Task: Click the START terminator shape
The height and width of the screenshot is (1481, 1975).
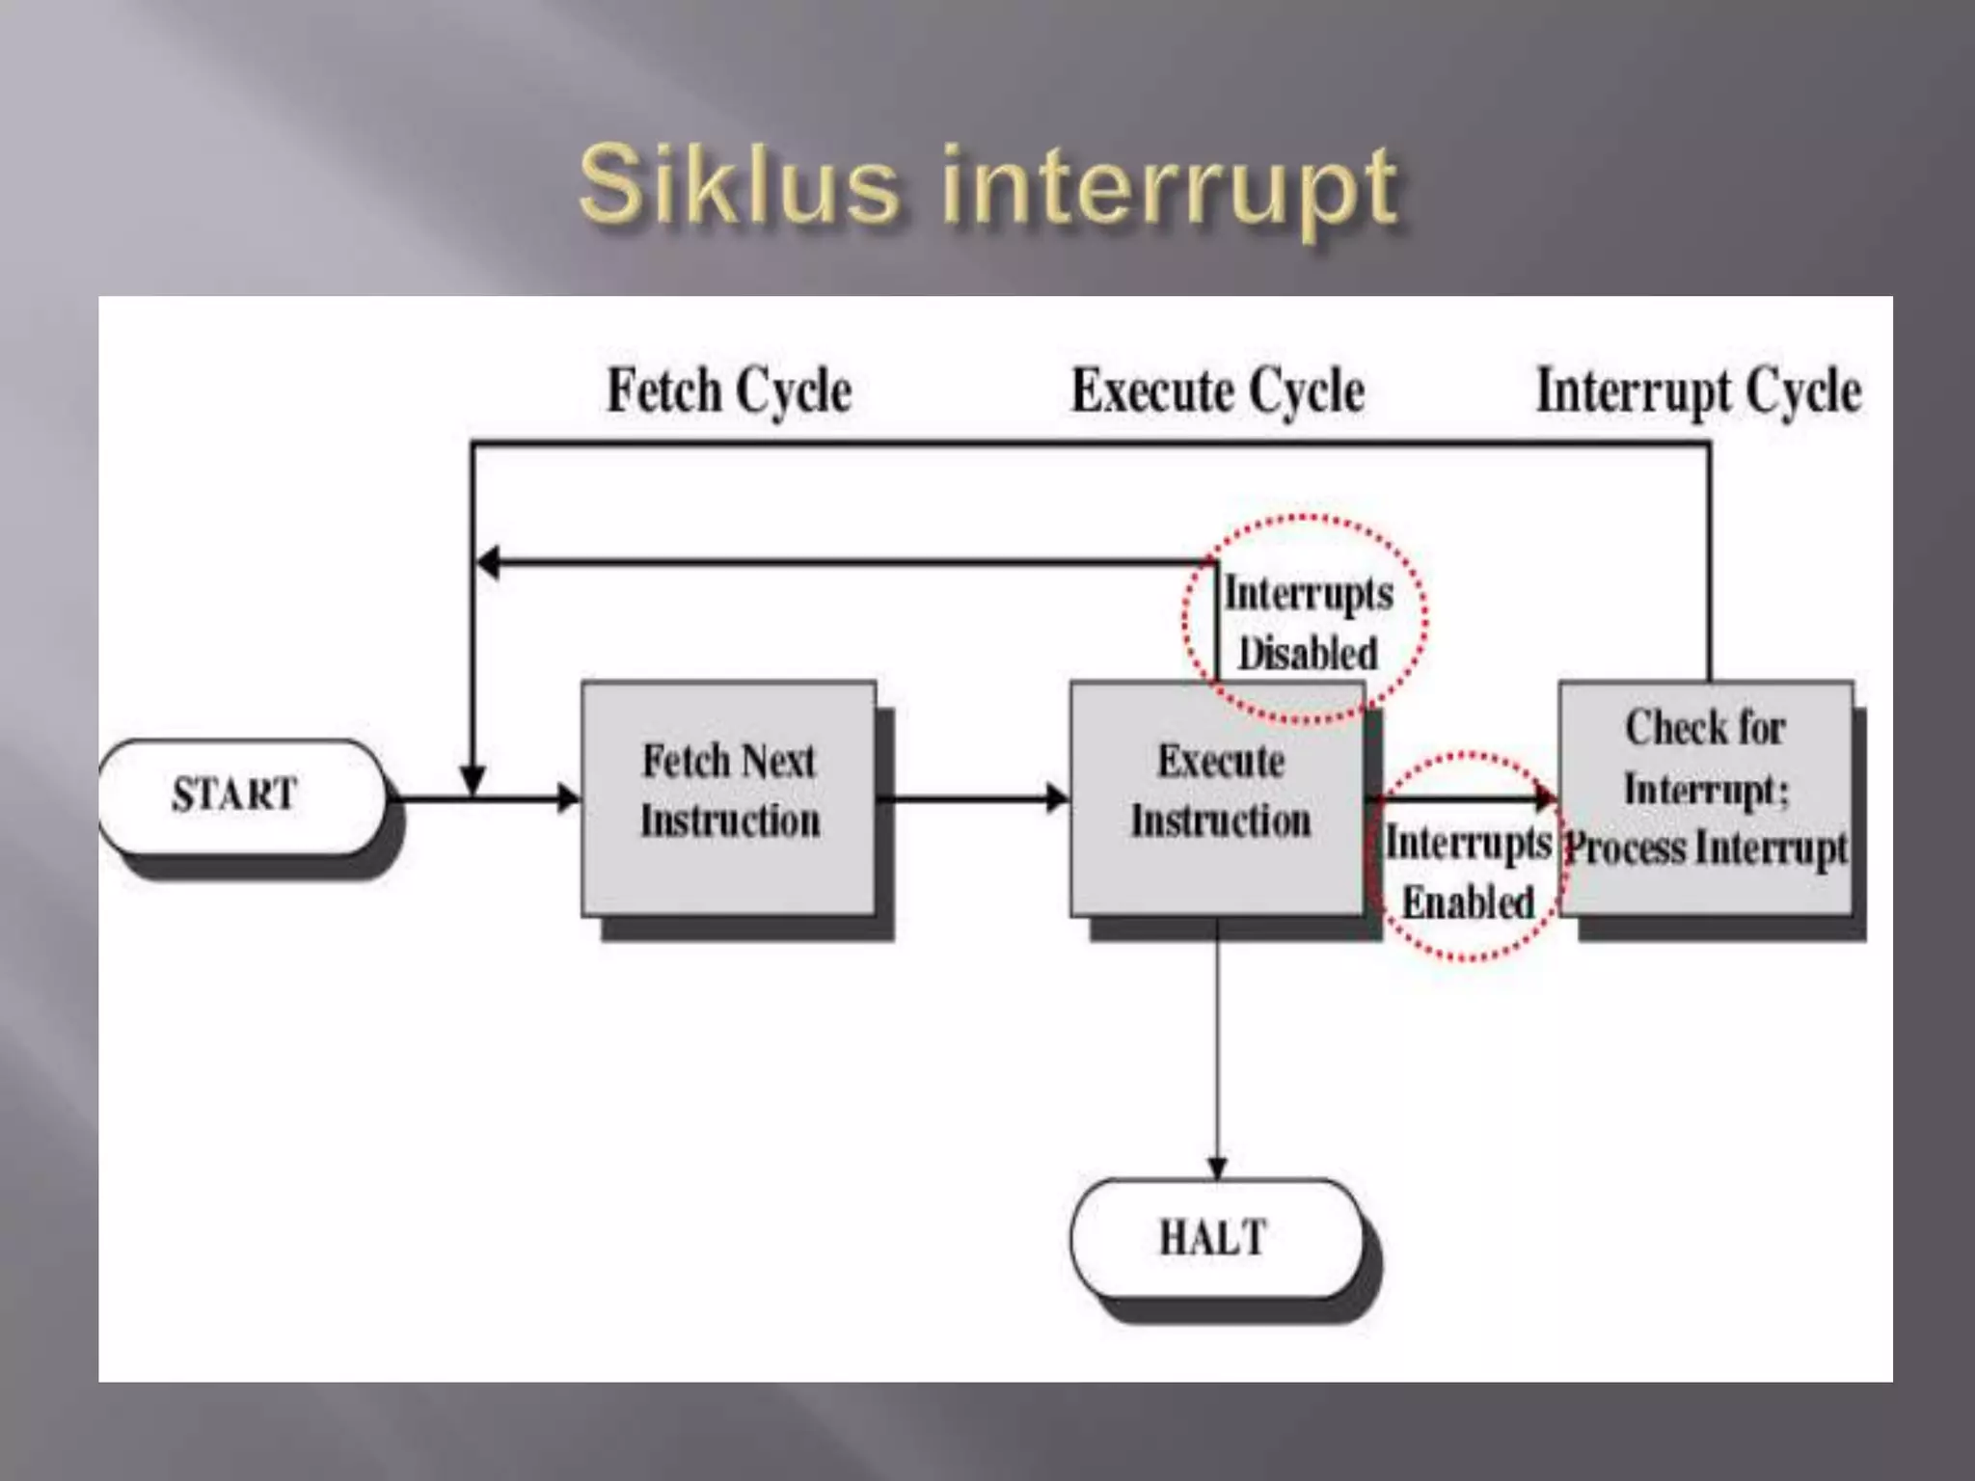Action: (x=241, y=795)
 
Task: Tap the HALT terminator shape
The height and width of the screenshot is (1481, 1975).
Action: (x=1215, y=1238)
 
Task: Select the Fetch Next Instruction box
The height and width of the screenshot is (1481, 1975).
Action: (x=729, y=797)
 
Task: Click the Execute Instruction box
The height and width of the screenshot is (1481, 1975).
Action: (x=1218, y=797)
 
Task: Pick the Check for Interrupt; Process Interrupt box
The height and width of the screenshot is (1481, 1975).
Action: (x=1706, y=797)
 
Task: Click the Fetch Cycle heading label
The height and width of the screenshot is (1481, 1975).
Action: (x=729, y=391)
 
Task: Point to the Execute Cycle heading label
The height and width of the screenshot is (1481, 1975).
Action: (x=1218, y=391)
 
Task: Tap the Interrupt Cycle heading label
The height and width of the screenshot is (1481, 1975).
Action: (x=1698, y=391)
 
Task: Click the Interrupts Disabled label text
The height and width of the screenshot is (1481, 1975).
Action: (x=1308, y=623)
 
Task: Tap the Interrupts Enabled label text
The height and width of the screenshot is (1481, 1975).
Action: (x=1468, y=873)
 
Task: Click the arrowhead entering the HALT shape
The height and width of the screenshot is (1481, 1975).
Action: (x=1217, y=1168)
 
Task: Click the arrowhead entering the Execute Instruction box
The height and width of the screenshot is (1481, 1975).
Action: (x=1058, y=798)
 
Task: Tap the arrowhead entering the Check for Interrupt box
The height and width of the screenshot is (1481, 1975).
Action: (x=1546, y=797)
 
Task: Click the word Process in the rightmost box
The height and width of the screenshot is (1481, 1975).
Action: (x=1626, y=849)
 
